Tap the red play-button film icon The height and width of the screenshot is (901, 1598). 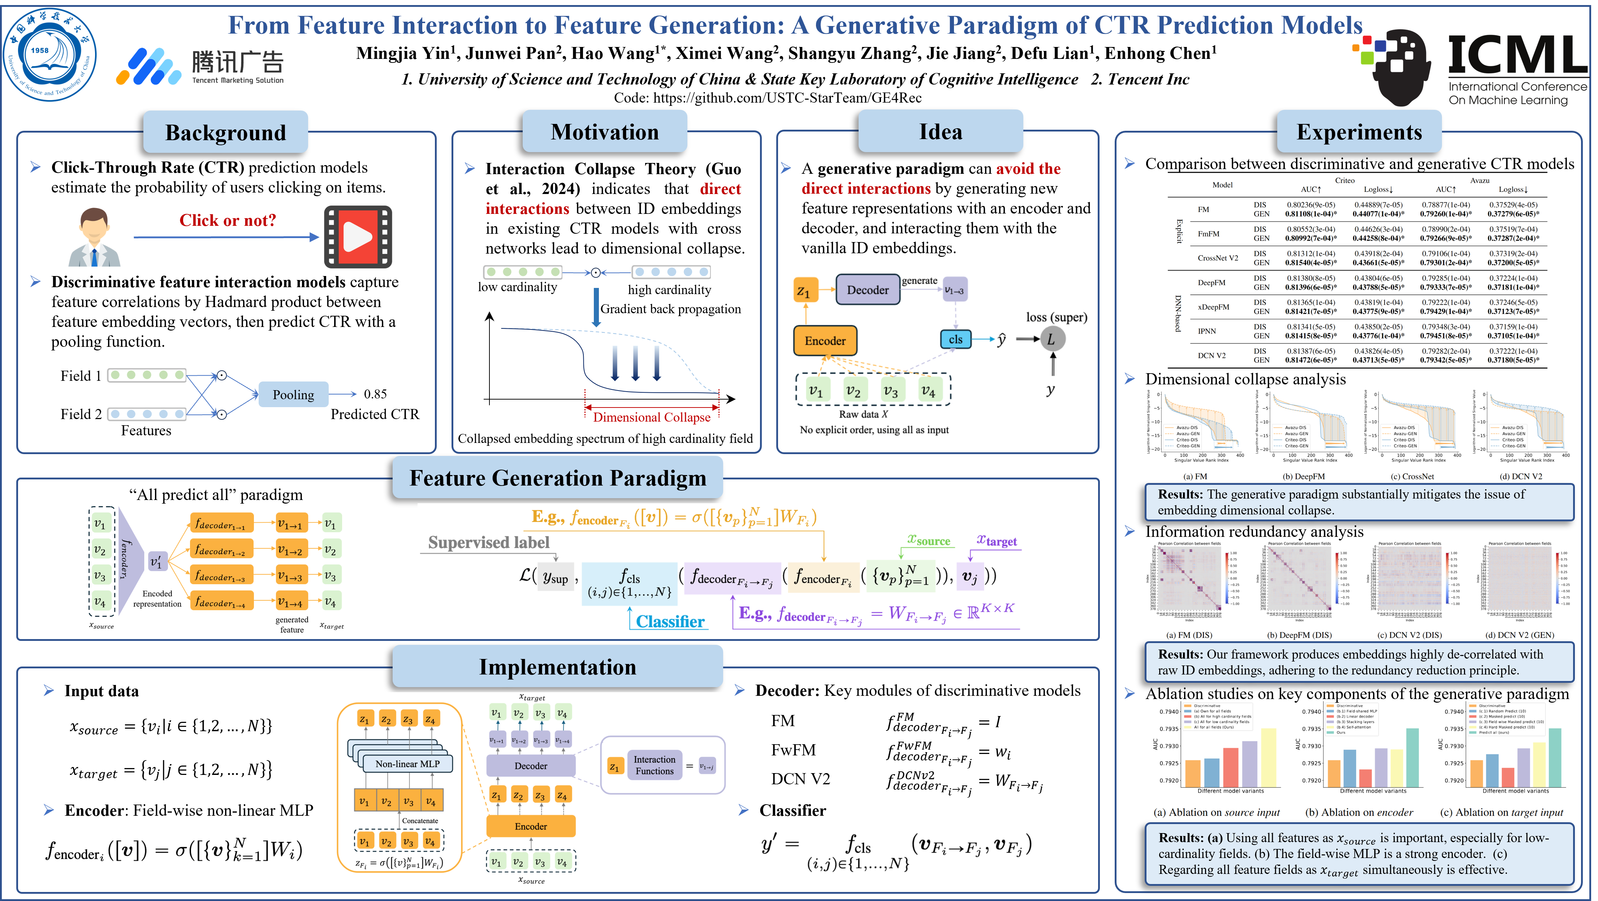[x=358, y=236]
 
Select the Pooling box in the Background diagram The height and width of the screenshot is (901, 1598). [x=293, y=395]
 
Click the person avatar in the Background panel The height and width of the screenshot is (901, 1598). [x=94, y=237]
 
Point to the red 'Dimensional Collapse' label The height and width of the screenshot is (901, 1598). [x=651, y=417]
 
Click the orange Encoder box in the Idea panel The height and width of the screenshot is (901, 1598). [x=825, y=341]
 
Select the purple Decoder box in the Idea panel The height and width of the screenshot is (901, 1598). [x=867, y=290]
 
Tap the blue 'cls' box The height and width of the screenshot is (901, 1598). [x=955, y=340]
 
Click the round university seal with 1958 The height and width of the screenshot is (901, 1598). [x=49, y=55]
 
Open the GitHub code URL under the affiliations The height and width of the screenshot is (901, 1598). [x=767, y=98]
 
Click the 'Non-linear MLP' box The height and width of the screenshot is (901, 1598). [x=407, y=764]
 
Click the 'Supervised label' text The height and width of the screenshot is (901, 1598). [x=489, y=542]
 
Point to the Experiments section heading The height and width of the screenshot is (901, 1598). [x=1359, y=132]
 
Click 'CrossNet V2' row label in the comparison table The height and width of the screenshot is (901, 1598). [x=1217, y=258]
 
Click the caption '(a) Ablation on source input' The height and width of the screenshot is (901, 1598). [x=1216, y=812]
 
